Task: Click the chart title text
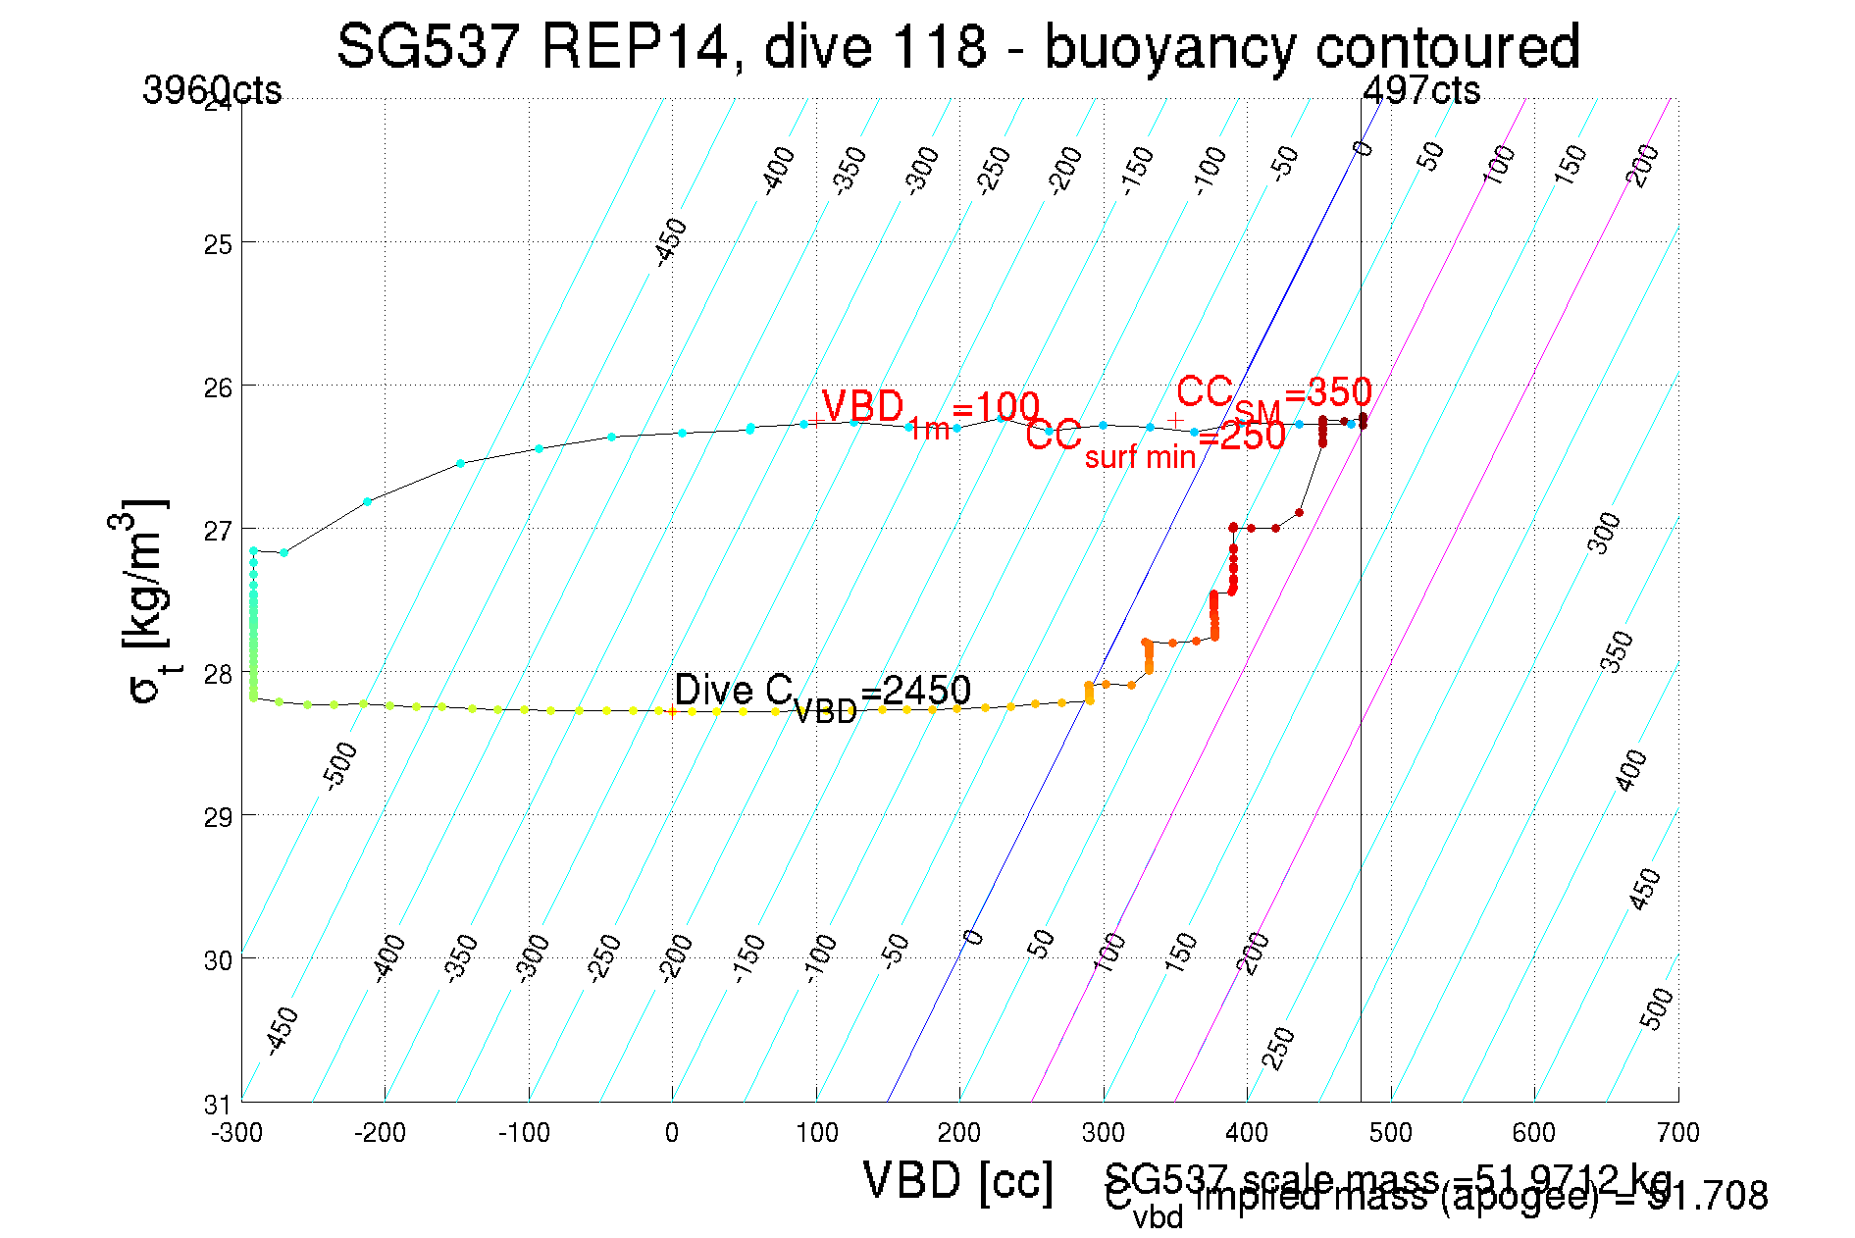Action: (x=957, y=46)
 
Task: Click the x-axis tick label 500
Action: (x=1391, y=1133)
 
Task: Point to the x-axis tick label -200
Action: (x=380, y=1133)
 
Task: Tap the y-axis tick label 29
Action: (x=218, y=816)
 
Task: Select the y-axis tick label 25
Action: (x=218, y=243)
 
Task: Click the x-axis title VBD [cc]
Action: (x=957, y=1180)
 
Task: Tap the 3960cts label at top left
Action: (x=212, y=90)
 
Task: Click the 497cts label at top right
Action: (x=1421, y=90)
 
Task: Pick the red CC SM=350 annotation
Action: (x=1273, y=394)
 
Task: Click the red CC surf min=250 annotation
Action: (x=1155, y=438)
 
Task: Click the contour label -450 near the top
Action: (x=671, y=242)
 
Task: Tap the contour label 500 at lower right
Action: (x=1657, y=1008)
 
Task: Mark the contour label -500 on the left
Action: (x=340, y=766)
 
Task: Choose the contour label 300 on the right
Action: (x=1605, y=533)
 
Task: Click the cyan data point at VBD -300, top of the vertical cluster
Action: (x=253, y=551)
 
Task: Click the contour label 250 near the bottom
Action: (x=1278, y=1049)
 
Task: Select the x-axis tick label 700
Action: (x=1677, y=1133)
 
